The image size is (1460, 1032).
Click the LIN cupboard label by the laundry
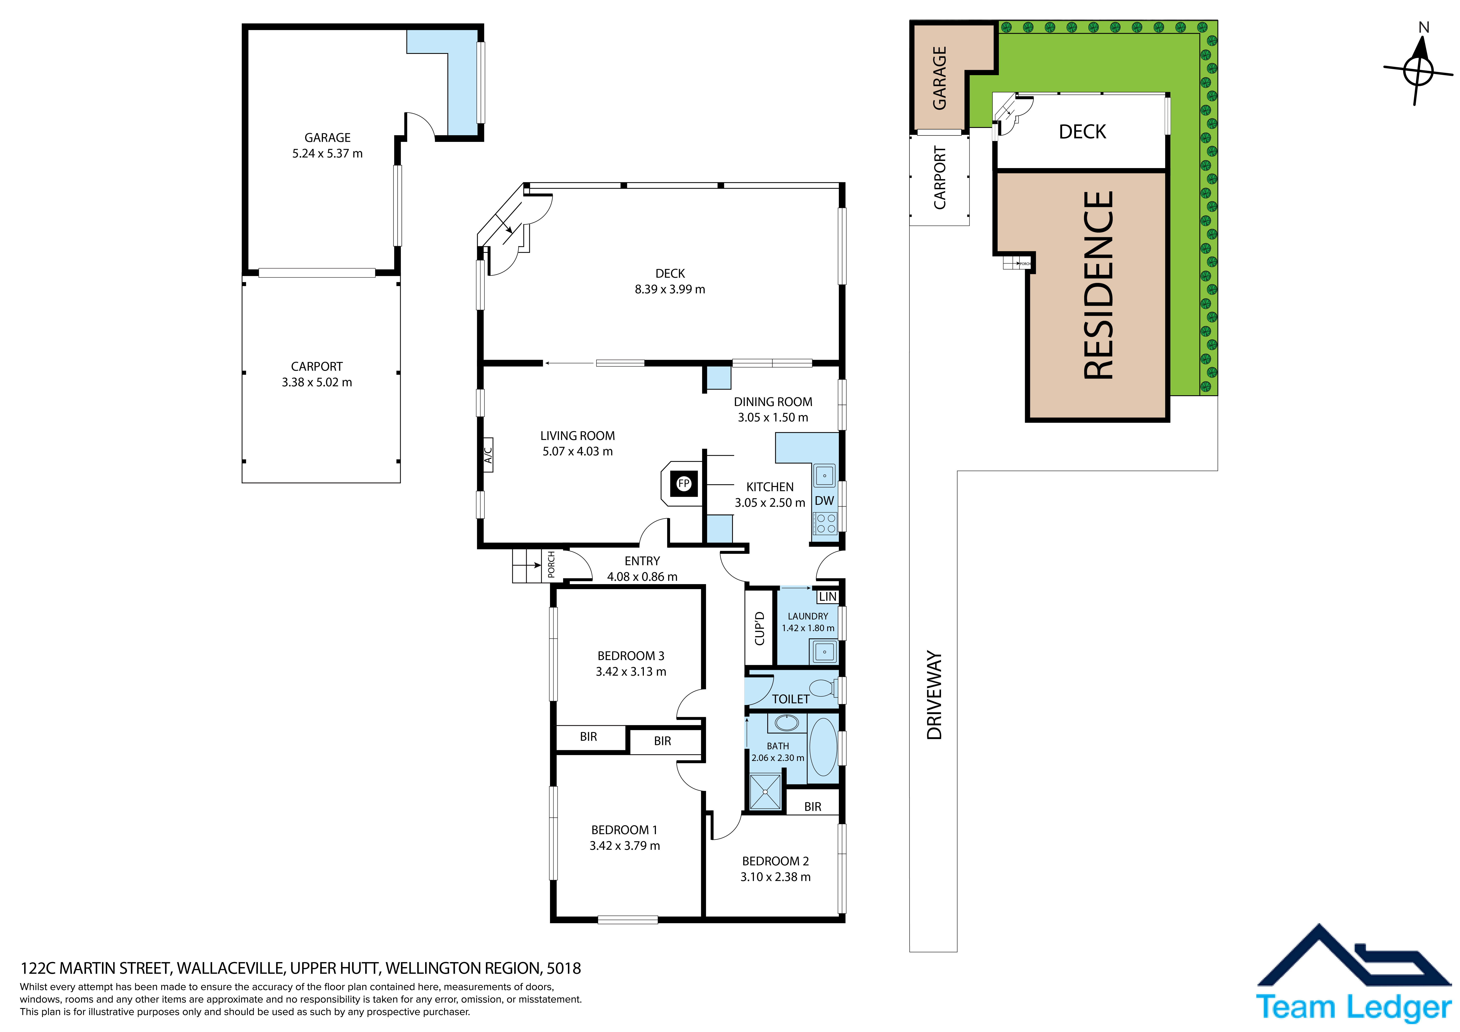827,596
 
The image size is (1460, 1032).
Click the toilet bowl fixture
823,688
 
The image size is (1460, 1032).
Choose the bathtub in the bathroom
823,748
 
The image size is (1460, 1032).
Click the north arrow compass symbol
1418,70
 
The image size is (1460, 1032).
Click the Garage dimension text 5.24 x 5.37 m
328,153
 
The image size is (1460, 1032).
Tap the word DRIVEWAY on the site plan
934,695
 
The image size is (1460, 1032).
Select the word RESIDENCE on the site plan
1098,285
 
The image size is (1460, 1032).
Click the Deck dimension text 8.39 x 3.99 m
670,289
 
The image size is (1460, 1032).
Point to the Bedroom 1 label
624,830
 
